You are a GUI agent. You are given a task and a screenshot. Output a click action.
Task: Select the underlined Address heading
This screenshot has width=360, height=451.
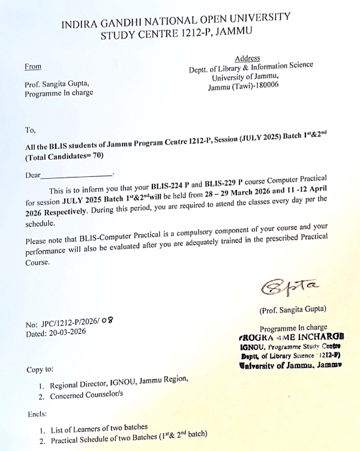247,58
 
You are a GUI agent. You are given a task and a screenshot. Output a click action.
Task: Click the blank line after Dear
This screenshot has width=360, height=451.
77,175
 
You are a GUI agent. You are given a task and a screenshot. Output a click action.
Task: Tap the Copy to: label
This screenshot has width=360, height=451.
40,369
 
